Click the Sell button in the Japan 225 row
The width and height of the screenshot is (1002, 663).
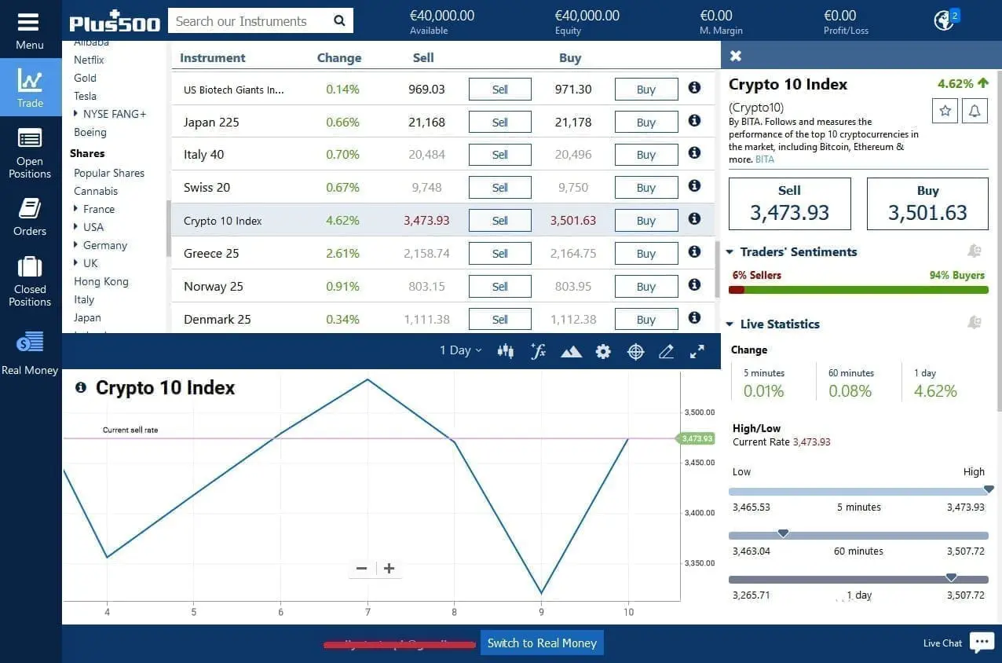tap(499, 123)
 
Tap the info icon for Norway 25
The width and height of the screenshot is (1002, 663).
tap(694, 285)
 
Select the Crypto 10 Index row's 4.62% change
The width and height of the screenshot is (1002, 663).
tap(342, 221)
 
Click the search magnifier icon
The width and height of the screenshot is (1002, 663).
tap(339, 21)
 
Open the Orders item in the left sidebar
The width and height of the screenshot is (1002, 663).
tap(30, 216)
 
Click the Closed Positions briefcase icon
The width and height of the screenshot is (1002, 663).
tap(30, 268)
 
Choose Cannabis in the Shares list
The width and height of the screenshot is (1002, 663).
tap(96, 191)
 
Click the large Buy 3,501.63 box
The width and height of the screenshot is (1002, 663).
tap(927, 204)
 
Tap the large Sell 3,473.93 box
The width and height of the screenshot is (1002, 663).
tap(789, 204)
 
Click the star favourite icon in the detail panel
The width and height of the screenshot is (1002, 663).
tap(945, 111)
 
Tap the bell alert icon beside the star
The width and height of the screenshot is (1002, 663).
tap(975, 111)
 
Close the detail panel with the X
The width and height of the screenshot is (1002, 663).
tap(736, 56)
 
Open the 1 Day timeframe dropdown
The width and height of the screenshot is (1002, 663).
tap(460, 351)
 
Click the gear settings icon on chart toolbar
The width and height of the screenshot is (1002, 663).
tap(603, 352)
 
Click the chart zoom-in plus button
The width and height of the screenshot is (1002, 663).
tap(389, 569)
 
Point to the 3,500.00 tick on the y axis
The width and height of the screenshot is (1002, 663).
tap(699, 412)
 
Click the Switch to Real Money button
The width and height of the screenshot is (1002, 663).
tap(542, 643)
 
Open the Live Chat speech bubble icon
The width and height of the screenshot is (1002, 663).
tap(982, 642)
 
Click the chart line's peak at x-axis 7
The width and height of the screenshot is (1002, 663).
tap(368, 380)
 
